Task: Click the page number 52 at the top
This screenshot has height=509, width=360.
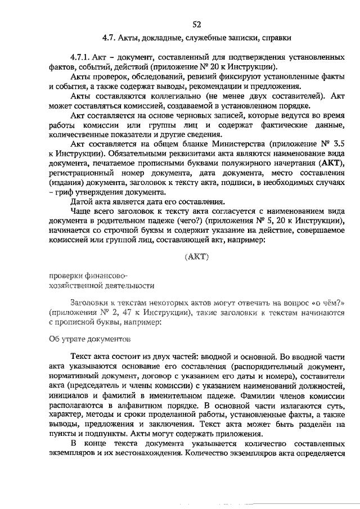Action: pos(196,24)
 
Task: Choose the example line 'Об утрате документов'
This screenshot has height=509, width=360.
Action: pos(90,339)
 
